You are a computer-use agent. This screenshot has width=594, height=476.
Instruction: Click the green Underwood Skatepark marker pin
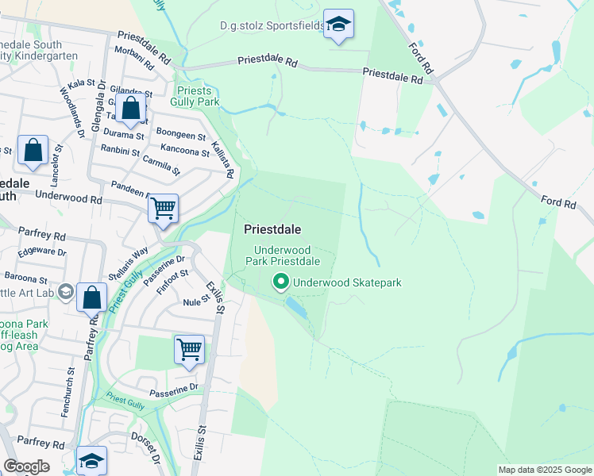click(x=280, y=282)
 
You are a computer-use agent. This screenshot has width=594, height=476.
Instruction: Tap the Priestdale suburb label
click(x=272, y=229)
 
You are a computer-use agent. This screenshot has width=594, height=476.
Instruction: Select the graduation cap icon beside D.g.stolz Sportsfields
click(x=338, y=25)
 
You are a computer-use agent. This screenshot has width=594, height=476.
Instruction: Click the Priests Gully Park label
click(x=195, y=96)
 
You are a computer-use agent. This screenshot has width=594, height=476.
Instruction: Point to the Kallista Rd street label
click(x=226, y=157)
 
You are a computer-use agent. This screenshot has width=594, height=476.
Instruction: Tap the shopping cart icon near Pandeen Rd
click(x=163, y=209)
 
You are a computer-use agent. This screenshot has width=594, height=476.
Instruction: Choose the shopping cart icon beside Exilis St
click(x=189, y=350)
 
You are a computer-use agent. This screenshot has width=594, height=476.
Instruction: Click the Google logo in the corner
click(x=26, y=466)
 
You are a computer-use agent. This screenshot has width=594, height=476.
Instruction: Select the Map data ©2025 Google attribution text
click(x=544, y=470)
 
